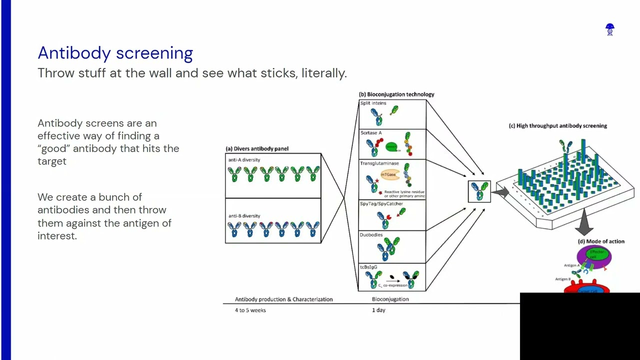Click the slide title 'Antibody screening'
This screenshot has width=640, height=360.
click(x=115, y=53)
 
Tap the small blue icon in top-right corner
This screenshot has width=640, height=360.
click(x=609, y=30)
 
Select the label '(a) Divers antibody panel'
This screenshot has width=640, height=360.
click(x=256, y=148)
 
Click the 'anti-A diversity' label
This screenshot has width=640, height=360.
click(x=244, y=160)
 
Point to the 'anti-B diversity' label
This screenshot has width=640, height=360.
click(x=244, y=216)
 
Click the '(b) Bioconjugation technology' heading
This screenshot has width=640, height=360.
click(x=396, y=94)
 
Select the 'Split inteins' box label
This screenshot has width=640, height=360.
click(x=373, y=103)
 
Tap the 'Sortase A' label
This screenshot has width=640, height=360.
click(x=371, y=133)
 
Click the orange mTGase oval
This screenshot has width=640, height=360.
click(x=389, y=174)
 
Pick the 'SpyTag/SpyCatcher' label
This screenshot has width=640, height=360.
click(x=381, y=204)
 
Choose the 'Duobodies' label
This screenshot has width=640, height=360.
click(x=371, y=234)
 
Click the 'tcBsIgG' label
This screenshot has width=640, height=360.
click(x=369, y=267)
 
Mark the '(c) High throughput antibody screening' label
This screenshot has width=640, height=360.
click(x=557, y=126)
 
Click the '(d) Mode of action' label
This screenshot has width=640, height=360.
click(x=601, y=241)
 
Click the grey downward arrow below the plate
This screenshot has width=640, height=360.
click(x=583, y=223)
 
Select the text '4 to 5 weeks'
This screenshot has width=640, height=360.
click(x=250, y=310)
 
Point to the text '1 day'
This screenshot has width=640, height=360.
click(x=378, y=310)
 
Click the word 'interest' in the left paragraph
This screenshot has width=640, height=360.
click(x=56, y=236)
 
